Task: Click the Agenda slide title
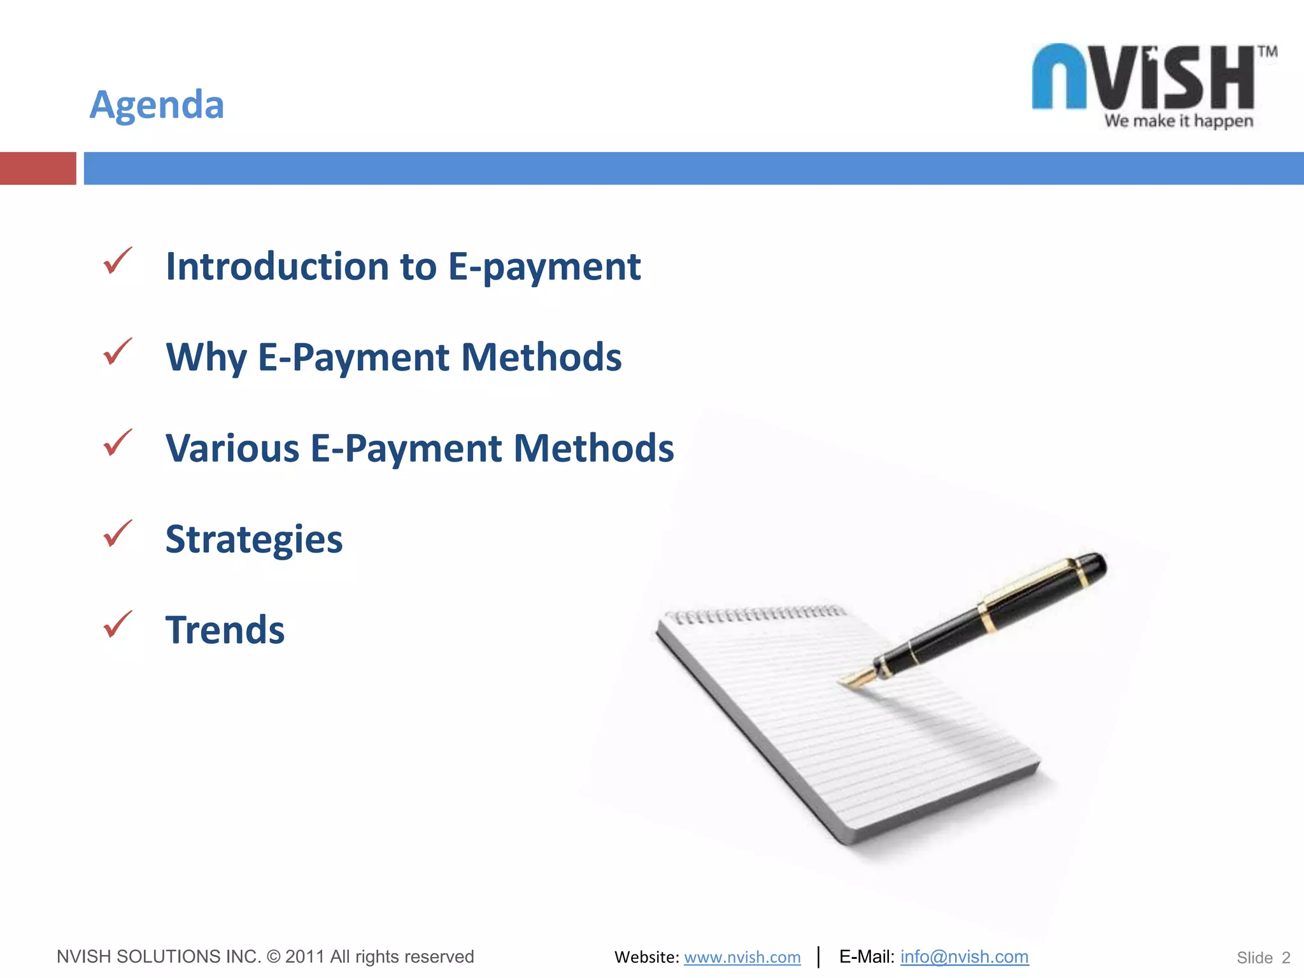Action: click(157, 104)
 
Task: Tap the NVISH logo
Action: click(1144, 78)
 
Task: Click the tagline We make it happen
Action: click(1179, 121)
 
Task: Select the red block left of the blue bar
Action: click(38, 168)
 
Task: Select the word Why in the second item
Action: click(206, 357)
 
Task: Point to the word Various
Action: click(232, 448)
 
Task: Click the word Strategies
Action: click(254, 540)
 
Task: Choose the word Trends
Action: click(225, 630)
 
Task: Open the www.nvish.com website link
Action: click(742, 957)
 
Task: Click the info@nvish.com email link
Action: click(964, 956)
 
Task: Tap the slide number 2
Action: click(1286, 958)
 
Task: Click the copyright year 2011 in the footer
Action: click(305, 956)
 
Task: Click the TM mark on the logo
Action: click(1267, 52)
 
